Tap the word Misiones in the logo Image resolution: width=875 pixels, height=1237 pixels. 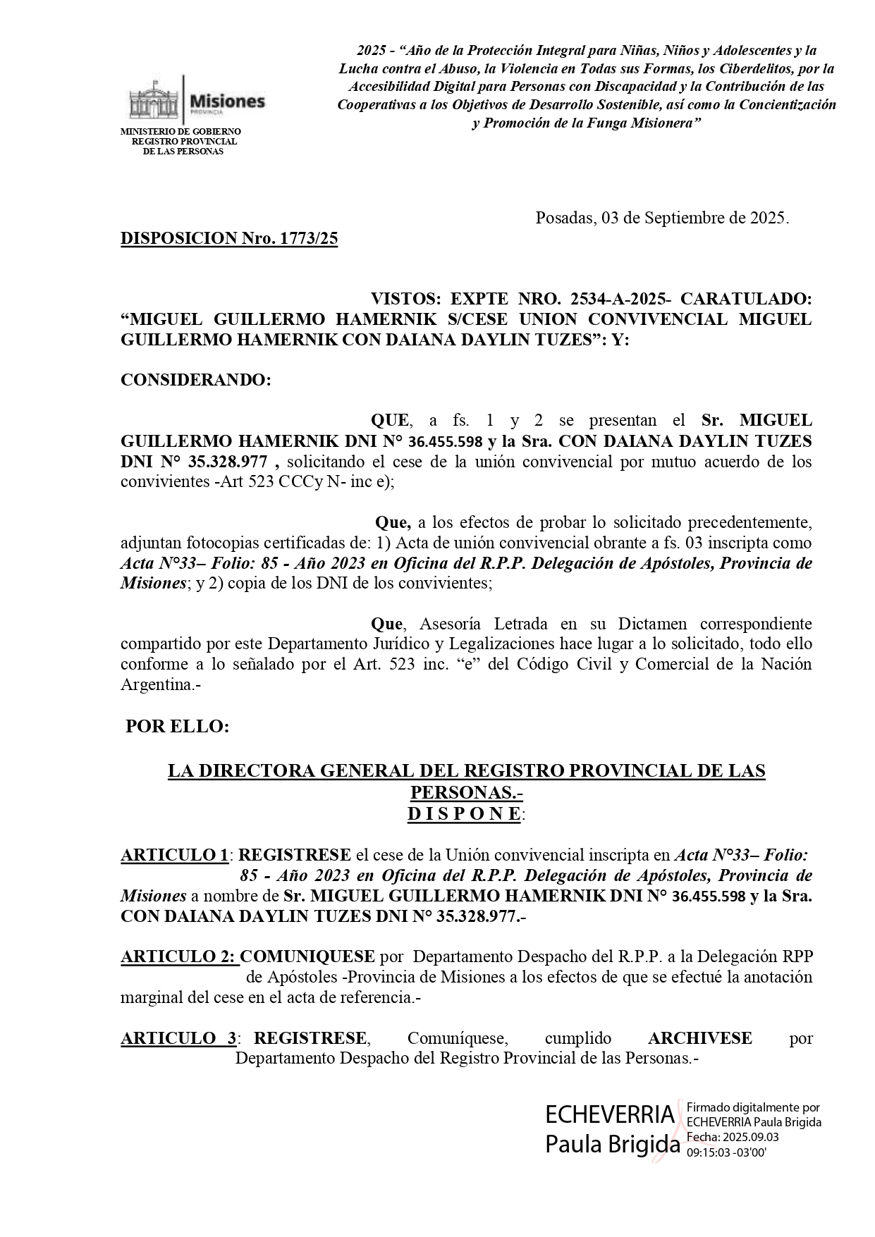tap(228, 101)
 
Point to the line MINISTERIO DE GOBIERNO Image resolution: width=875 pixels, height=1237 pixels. tap(180, 132)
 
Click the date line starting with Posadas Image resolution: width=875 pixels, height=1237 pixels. tap(662, 218)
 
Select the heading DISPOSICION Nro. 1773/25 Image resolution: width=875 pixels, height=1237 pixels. tap(229, 238)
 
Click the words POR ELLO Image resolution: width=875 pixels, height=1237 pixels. tap(177, 727)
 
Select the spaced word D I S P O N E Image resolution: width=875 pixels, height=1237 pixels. tap(464, 814)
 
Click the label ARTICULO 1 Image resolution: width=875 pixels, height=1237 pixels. tap(174, 856)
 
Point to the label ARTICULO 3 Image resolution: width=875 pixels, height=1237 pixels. tap(178, 1038)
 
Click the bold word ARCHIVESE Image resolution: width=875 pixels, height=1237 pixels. tap(699, 1038)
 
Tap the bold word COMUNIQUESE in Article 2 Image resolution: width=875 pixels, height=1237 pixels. tap(307, 957)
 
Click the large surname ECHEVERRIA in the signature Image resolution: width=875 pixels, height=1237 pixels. tap(609, 1115)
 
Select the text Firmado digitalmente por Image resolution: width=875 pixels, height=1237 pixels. tap(752, 1108)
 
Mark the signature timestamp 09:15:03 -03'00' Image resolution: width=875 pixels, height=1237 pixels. tap(726, 1152)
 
